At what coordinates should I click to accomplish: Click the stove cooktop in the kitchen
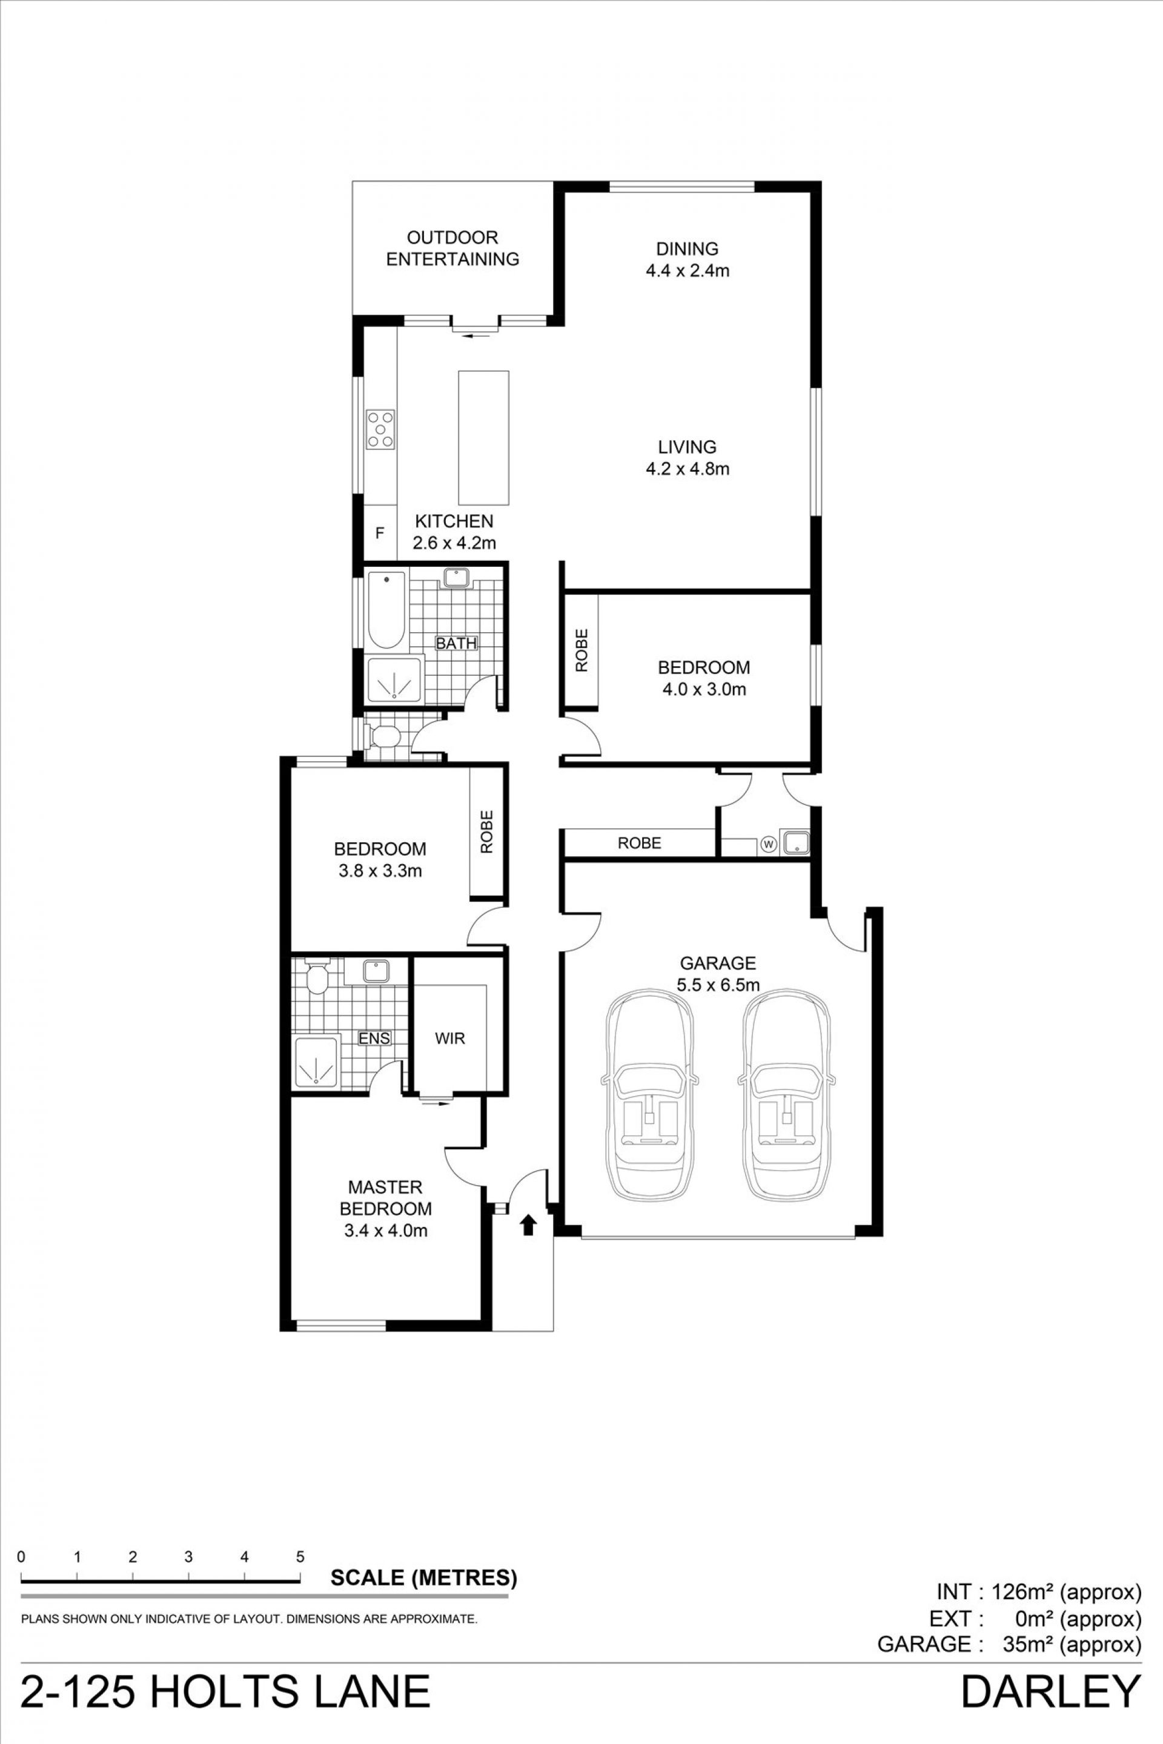pos(380,429)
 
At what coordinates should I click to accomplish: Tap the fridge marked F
pos(380,532)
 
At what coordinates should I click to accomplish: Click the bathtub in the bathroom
pos(386,610)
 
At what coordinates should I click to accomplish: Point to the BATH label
pos(456,644)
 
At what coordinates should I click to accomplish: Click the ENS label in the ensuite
pos(374,1038)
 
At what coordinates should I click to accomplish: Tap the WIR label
pos(450,1038)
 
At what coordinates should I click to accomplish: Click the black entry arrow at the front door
pos(528,1224)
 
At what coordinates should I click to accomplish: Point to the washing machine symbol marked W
pos(769,844)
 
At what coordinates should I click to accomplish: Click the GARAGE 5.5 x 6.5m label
pos(717,974)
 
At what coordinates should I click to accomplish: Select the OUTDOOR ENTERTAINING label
pos(452,248)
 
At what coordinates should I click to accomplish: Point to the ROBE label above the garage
pos(640,843)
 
